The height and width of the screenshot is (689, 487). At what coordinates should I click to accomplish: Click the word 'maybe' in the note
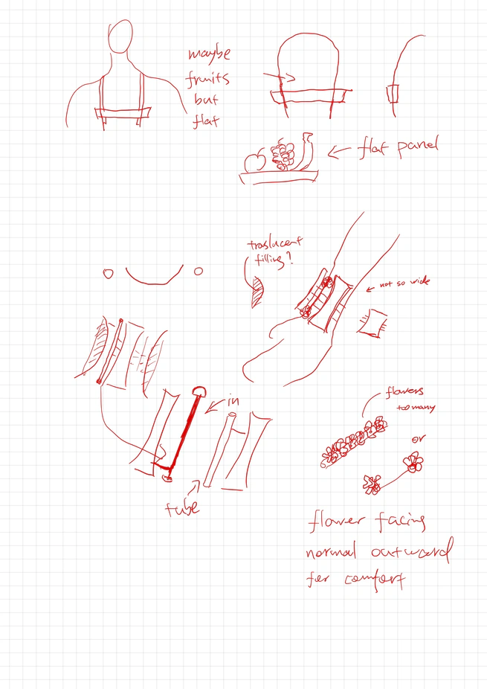[x=209, y=54]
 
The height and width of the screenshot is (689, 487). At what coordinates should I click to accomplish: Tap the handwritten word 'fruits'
[x=208, y=78]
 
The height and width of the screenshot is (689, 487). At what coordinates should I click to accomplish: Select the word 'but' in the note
[x=206, y=100]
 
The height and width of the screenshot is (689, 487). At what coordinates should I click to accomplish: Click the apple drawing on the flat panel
[x=255, y=161]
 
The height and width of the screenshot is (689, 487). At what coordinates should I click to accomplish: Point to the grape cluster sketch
[x=283, y=156]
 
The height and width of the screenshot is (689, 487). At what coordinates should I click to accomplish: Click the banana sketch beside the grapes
[x=306, y=150]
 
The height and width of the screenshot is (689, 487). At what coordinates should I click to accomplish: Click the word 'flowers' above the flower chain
[x=404, y=392]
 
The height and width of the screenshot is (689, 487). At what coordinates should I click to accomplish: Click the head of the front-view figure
[x=120, y=37]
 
